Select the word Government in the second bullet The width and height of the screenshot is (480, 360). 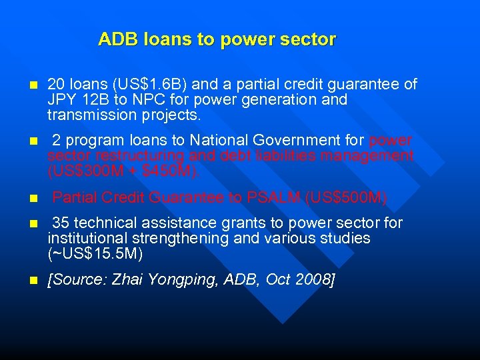[x=304, y=141]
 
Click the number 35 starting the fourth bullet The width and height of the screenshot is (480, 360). [x=60, y=223]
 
